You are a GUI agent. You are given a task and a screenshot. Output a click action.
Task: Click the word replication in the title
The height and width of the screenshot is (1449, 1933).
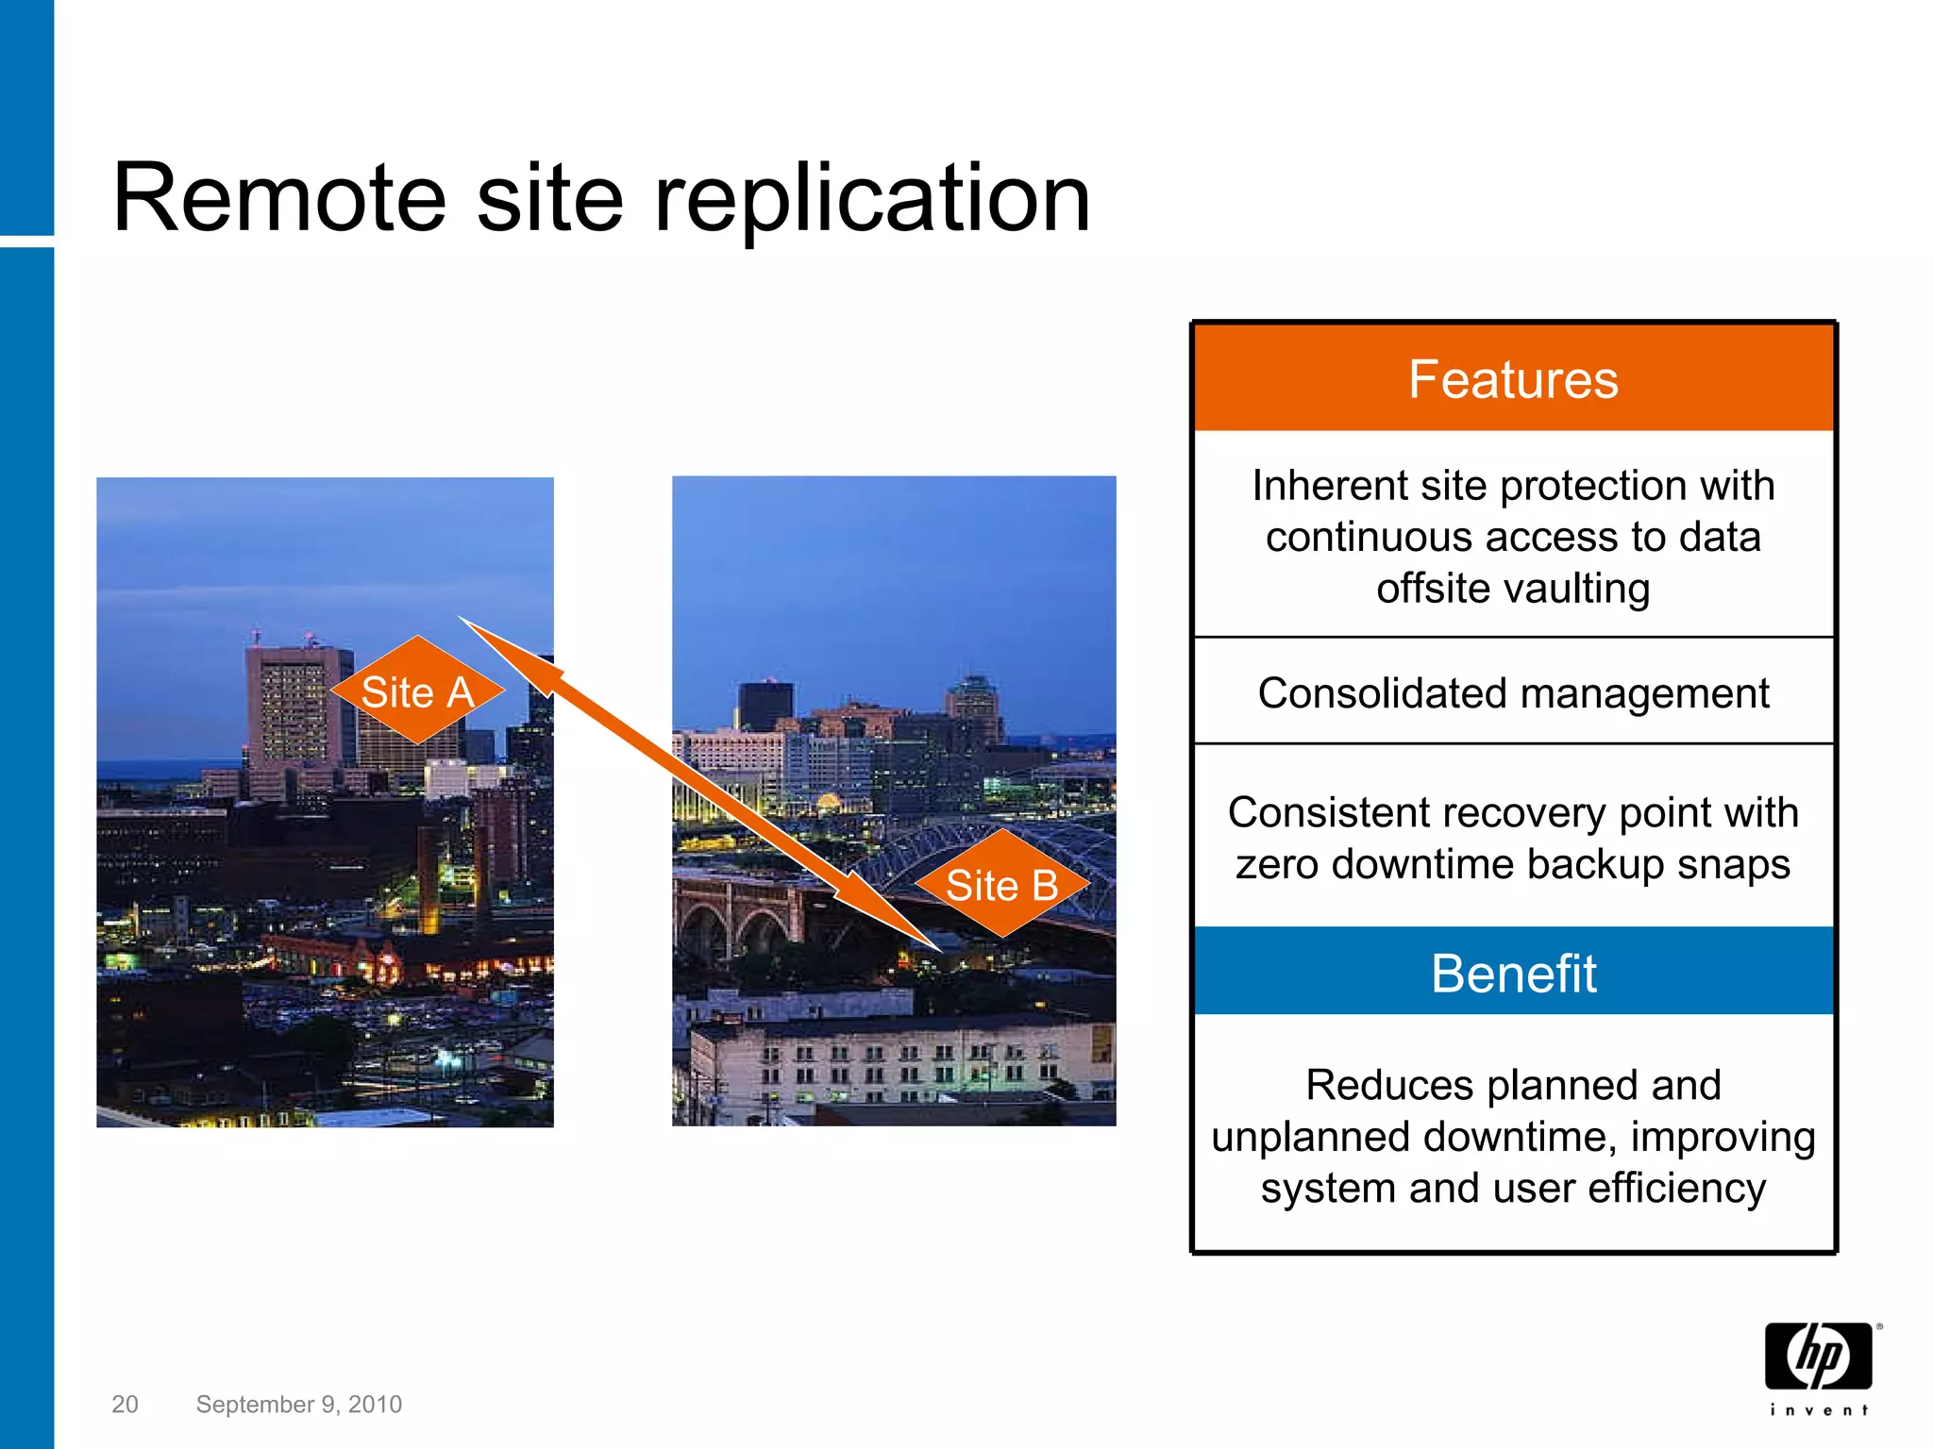tap(872, 200)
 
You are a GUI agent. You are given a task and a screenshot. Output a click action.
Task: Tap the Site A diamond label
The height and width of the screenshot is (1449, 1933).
tap(417, 691)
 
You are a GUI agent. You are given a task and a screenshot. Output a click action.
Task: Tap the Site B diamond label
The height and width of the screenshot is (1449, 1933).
tap(1001, 885)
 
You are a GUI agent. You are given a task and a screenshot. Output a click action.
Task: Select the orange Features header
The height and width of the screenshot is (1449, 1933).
tap(1513, 379)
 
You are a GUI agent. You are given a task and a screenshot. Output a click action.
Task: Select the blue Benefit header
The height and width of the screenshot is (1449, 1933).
tap(1513, 973)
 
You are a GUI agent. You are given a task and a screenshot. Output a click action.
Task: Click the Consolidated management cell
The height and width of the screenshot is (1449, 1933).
tap(1513, 693)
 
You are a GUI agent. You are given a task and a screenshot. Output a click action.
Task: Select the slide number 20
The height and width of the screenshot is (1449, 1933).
tap(125, 1405)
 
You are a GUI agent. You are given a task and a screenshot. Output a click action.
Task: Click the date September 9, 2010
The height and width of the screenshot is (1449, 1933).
tap(298, 1405)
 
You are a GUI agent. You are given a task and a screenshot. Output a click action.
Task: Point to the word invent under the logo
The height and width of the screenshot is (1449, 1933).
tap(1818, 1410)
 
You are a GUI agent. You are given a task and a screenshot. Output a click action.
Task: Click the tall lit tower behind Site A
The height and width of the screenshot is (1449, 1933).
tap(288, 717)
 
